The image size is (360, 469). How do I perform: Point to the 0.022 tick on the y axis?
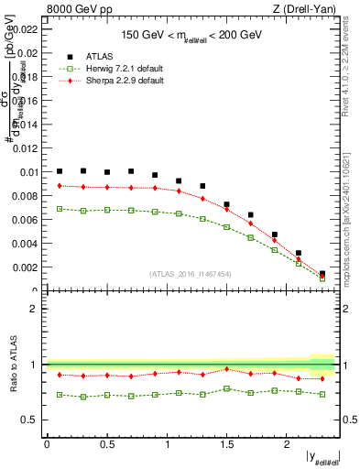coord(27,28)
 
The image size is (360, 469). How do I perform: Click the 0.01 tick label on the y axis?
coord(30,171)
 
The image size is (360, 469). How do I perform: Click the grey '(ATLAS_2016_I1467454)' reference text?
coord(191,274)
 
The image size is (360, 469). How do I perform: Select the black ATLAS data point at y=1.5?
coord(226,204)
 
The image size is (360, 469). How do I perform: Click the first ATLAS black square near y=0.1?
coord(60,171)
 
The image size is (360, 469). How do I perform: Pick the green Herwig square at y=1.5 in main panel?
coord(226,226)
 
